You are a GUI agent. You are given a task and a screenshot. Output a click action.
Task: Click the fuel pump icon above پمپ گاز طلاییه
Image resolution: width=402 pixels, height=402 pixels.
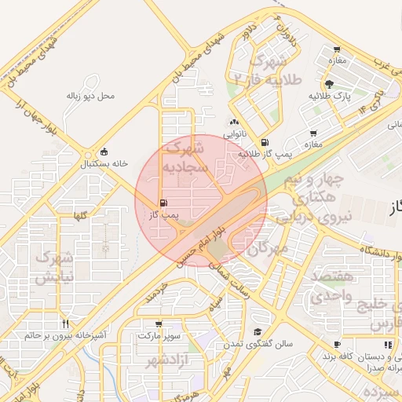[264, 142]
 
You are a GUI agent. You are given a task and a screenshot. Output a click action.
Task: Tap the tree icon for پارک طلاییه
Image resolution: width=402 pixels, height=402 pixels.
[327, 84]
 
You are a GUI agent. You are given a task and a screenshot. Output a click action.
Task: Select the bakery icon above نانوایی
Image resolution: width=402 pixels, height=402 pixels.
[234, 122]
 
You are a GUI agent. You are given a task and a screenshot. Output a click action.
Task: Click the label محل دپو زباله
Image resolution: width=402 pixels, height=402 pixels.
[90, 97]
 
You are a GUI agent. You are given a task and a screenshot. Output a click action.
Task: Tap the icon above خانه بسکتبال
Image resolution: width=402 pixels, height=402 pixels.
[104, 152]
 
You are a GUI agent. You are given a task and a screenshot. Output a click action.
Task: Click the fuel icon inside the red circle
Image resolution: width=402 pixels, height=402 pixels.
[163, 203]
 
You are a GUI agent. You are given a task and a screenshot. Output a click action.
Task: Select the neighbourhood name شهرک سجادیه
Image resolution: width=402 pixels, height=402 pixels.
[185, 156]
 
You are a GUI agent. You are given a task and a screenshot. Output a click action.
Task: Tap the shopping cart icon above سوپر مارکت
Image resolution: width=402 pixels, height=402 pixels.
[159, 323]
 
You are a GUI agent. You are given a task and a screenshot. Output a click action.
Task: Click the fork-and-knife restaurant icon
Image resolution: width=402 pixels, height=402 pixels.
[66, 323]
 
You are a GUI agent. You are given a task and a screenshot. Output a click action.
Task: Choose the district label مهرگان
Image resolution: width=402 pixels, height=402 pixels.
[268, 250]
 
